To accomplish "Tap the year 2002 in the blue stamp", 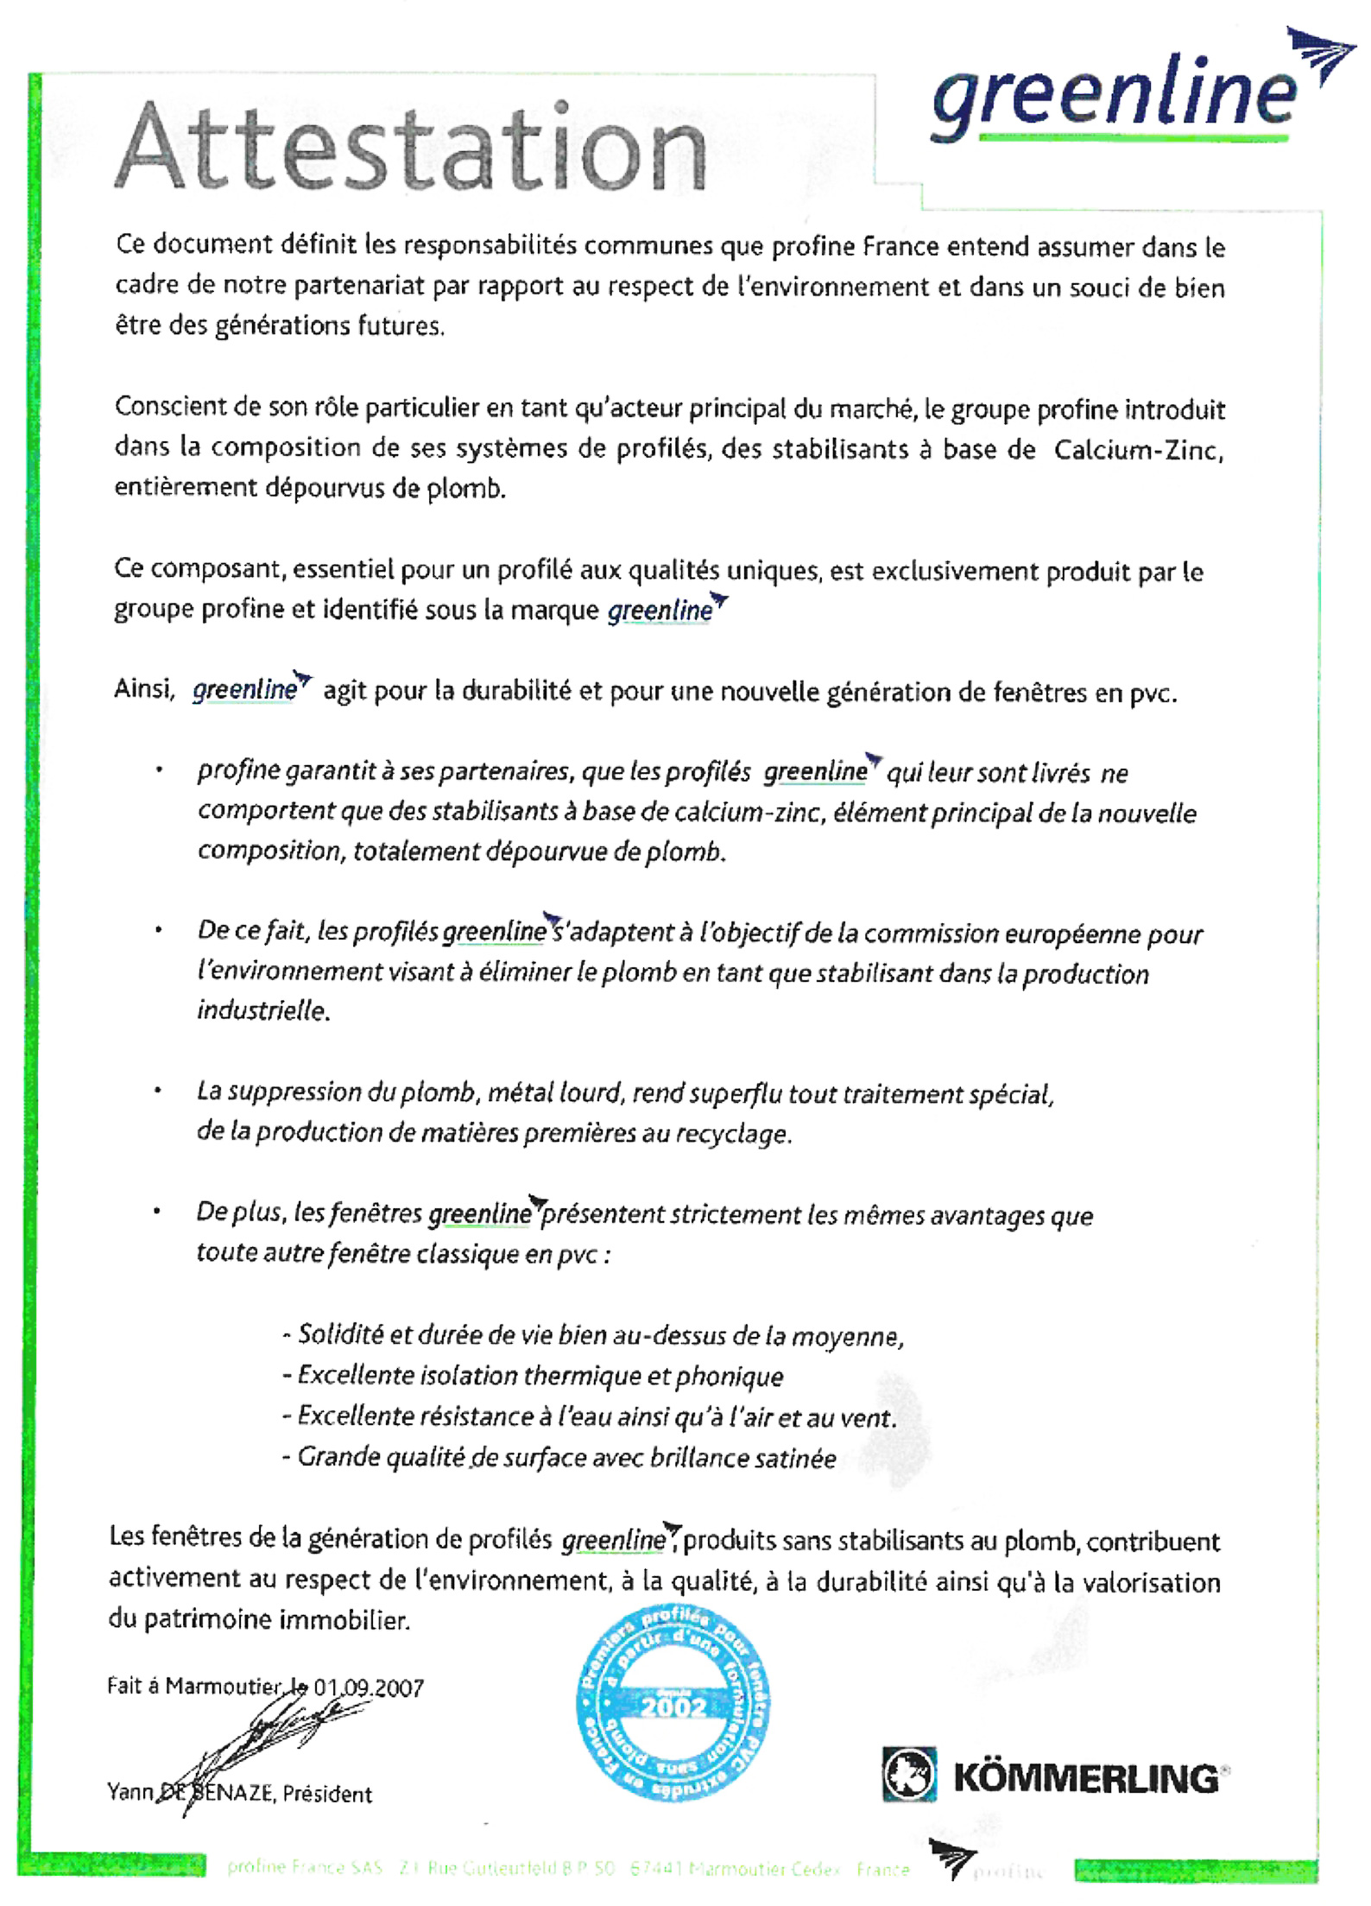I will (x=673, y=1707).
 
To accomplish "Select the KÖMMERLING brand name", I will (x=1086, y=1779).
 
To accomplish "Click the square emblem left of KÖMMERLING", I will (x=908, y=1775).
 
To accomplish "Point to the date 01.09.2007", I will (x=369, y=1687).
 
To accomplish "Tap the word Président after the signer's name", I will (x=327, y=1795).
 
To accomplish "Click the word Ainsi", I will (x=144, y=689).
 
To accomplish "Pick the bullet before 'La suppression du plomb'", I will (x=158, y=1091).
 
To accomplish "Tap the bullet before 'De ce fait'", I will (x=158, y=930).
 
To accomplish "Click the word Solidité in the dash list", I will (x=340, y=1335).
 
